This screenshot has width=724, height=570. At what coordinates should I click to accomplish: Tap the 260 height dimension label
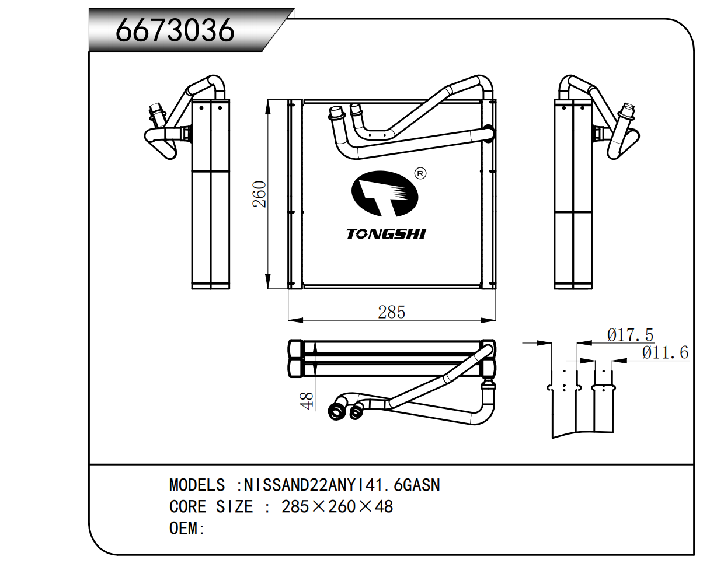259,194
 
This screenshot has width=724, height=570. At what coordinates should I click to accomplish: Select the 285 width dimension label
391,313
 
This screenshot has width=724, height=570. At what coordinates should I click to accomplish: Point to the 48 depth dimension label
307,401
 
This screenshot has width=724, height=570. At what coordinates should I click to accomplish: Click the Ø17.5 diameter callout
630,335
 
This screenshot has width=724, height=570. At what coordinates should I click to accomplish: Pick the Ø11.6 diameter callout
665,353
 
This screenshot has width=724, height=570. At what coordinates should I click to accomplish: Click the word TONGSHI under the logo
386,235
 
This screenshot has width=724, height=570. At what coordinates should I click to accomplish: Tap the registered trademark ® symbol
420,173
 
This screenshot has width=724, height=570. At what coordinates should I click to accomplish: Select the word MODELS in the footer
197,485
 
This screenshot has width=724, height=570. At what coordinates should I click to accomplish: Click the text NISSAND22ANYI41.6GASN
342,485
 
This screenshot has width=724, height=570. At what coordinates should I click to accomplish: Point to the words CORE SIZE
211,507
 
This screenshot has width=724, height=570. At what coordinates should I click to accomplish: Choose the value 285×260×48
337,507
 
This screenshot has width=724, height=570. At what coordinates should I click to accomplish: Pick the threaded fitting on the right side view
628,111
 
